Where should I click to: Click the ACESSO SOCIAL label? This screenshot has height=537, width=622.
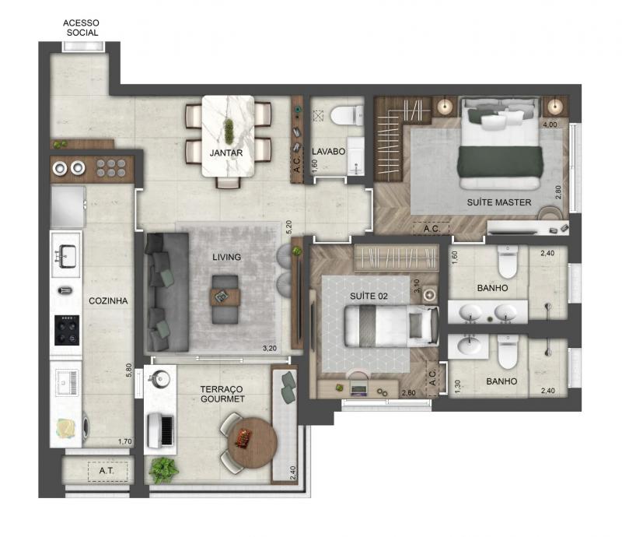81,28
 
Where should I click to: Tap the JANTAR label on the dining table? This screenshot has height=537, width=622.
226,153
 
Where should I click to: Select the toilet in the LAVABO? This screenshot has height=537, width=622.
347,115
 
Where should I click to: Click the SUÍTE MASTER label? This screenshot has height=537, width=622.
499,202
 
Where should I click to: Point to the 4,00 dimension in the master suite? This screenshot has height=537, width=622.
550,125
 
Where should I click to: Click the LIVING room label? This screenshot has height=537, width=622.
226,257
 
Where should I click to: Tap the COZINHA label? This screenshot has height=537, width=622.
108,300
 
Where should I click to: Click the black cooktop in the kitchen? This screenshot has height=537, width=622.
67,330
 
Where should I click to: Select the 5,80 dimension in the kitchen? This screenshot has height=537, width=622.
128,370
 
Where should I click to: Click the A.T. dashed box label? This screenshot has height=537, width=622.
107,471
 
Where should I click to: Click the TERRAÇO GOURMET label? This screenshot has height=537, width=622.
222,394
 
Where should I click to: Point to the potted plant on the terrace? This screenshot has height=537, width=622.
163,470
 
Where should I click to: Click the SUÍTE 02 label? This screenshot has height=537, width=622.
369,296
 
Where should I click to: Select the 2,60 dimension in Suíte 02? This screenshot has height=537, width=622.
409,393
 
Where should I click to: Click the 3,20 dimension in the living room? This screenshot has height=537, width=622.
270,349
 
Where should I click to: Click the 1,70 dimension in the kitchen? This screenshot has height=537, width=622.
125,441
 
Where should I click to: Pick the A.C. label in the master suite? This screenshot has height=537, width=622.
432,229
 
